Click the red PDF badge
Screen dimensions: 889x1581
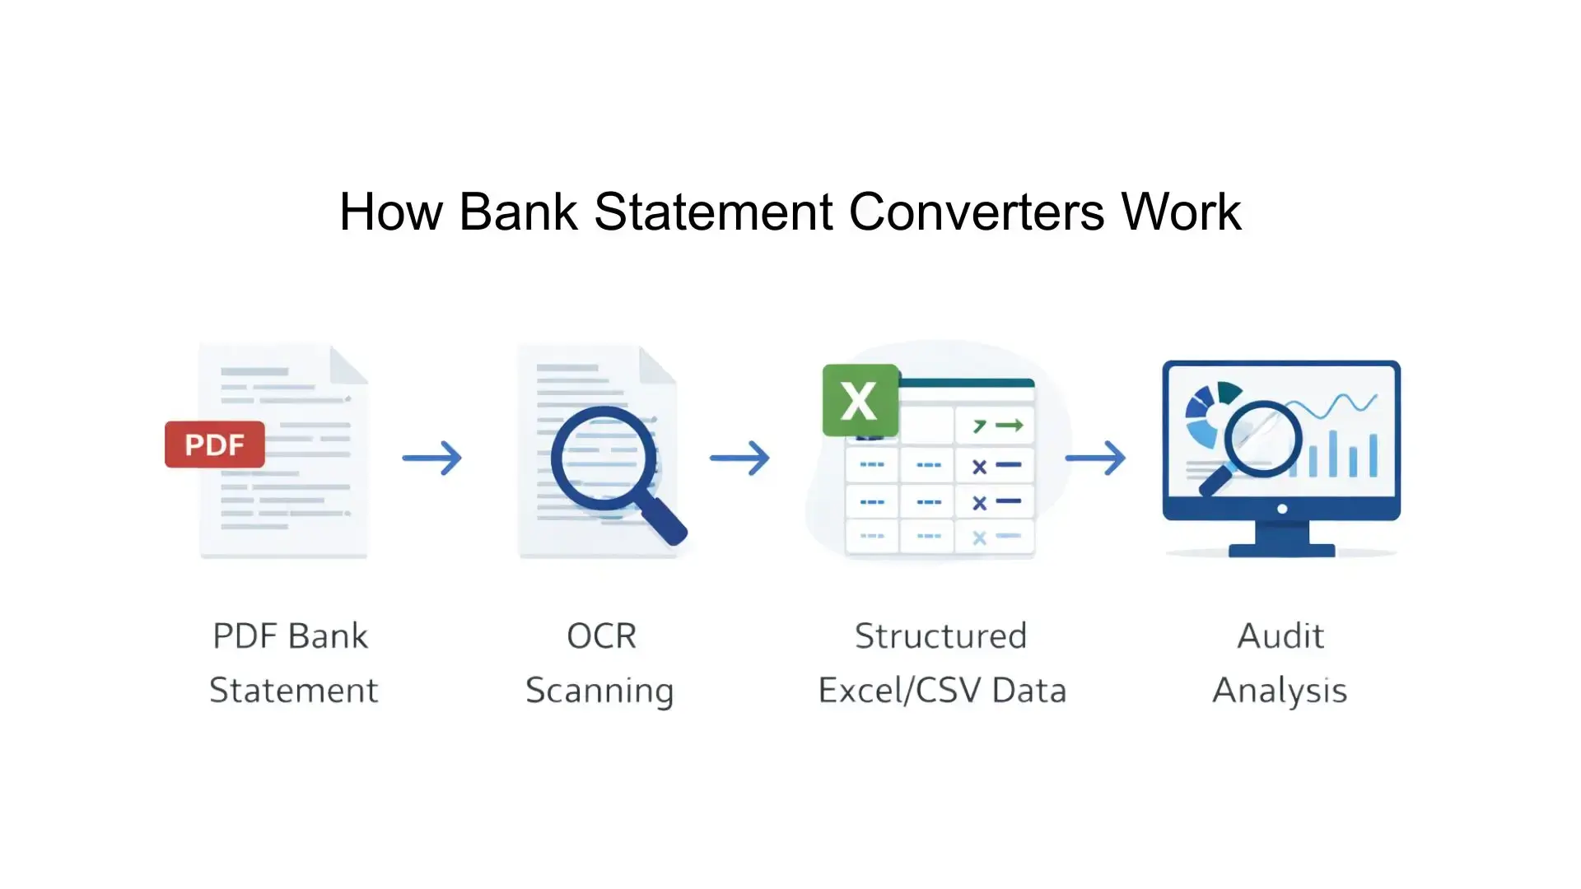coord(214,444)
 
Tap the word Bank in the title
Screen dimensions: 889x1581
coord(518,212)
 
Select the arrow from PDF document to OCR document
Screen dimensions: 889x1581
coord(432,458)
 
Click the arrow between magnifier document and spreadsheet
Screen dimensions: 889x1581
coord(739,458)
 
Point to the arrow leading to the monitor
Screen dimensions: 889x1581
coord(1095,458)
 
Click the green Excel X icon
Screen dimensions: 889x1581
coord(860,400)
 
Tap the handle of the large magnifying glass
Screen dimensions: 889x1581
coord(663,519)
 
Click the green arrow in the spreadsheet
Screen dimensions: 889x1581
coord(1010,426)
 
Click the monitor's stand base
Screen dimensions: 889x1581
coord(1281,549)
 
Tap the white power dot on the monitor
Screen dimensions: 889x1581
coord(1282,509)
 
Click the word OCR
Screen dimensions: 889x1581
coord(601,636)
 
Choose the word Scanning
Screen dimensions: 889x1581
coord(599,691)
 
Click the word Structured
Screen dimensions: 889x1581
coord(940,636)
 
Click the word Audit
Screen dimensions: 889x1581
coord(1280,636)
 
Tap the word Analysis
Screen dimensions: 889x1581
coord(1280,691)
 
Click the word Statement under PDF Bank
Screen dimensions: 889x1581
coord(293,691)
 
